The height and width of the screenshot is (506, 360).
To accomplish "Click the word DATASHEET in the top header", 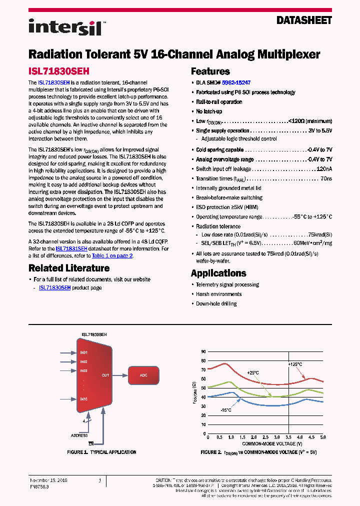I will point(304,20).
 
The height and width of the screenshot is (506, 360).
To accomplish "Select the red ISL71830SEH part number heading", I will point(58,71).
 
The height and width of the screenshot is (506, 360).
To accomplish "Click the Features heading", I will point(210,71).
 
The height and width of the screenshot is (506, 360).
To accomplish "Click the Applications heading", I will point(218,273).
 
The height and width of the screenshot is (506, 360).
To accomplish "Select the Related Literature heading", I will point(64,267).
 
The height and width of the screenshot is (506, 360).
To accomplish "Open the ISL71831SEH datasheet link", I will point(71,248).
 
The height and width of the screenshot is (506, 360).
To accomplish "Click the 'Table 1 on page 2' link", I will point(112,255).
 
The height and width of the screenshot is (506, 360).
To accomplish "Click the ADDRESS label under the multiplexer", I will point(79,435).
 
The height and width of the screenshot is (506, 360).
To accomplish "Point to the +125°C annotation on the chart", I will point(295,364).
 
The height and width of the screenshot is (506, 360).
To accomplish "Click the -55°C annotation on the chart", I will point(225,410).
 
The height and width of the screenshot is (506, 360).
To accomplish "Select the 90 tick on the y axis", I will point(203,351).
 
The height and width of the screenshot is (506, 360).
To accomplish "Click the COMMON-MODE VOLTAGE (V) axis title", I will point(272,443).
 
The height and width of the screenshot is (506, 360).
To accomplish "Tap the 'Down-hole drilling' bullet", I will point(216,303).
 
